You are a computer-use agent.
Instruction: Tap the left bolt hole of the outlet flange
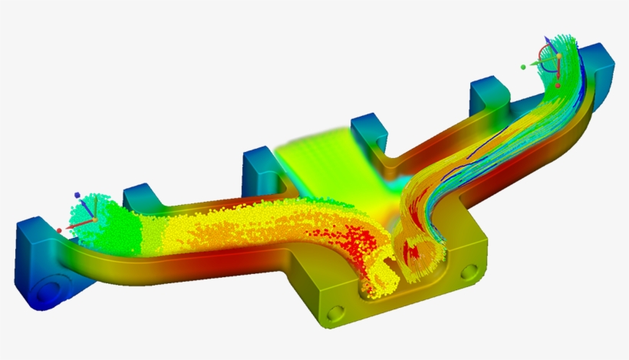(335, 312)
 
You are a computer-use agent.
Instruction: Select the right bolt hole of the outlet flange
(469, 272)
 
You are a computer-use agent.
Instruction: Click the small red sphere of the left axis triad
(59, 230)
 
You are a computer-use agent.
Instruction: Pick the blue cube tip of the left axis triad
(77, 195)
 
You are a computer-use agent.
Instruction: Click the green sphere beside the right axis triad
(522, 67)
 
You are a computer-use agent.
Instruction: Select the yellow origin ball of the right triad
(559, 56)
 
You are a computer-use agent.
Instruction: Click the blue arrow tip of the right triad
(546, 37)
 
